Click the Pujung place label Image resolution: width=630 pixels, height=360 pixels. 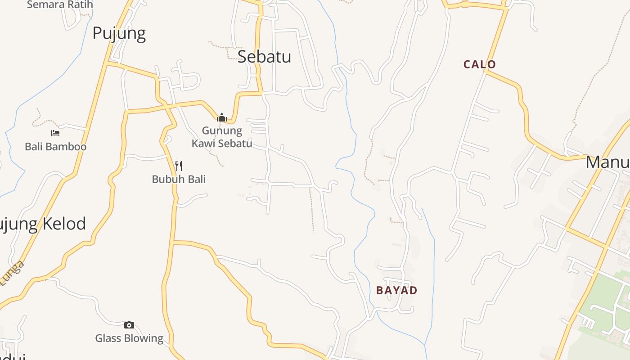119,34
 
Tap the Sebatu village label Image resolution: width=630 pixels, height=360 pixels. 264,57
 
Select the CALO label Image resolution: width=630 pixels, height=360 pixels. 480,64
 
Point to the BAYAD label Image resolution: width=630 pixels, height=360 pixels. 396,290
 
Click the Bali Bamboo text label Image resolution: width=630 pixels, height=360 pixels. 55,146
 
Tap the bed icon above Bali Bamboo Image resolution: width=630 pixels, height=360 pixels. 55,133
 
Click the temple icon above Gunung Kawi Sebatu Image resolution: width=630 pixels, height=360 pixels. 221,118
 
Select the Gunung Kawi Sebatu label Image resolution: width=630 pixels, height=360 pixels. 222,137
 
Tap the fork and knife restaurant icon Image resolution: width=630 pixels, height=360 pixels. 179,166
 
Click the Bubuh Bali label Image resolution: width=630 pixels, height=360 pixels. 179,179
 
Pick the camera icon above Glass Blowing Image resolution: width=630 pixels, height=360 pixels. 129,325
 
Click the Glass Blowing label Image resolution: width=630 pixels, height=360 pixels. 129,338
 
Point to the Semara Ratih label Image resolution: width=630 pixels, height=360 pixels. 60,5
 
